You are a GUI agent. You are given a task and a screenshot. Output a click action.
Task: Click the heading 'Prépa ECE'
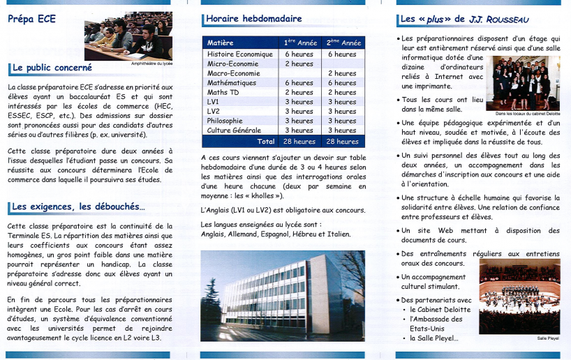coord(32,19)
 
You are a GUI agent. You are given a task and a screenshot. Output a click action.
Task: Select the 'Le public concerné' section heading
coord(52,68)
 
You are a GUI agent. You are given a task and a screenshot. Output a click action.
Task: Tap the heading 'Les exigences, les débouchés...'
coord(78,207)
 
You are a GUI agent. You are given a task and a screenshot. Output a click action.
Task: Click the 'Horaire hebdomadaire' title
coord(254,19)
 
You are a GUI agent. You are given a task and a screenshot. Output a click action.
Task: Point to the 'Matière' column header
coord(221,43)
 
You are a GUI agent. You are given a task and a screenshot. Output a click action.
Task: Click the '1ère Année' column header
coord(300,43)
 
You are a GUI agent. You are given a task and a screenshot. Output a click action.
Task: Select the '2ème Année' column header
coord(343,43)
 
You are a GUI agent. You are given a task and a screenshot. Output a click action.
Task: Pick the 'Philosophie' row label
coord(225,121)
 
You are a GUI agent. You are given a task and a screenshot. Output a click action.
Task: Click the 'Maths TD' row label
coord(223,92)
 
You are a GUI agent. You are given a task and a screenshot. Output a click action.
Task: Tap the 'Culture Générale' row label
coord(234,130)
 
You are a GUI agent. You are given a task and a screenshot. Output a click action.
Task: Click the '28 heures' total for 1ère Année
coord(299,142)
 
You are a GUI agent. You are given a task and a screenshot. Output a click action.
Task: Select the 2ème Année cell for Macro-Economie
coord(342,73)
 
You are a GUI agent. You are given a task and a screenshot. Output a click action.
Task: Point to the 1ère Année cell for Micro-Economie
coord(299,63)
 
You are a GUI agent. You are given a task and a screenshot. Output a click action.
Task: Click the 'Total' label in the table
coord(266,142)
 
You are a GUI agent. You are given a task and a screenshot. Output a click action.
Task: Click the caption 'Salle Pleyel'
coord(547,338)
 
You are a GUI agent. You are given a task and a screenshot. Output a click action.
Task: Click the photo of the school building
coord(282,295)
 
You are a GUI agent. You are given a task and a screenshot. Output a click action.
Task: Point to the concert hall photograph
coord(519,297)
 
